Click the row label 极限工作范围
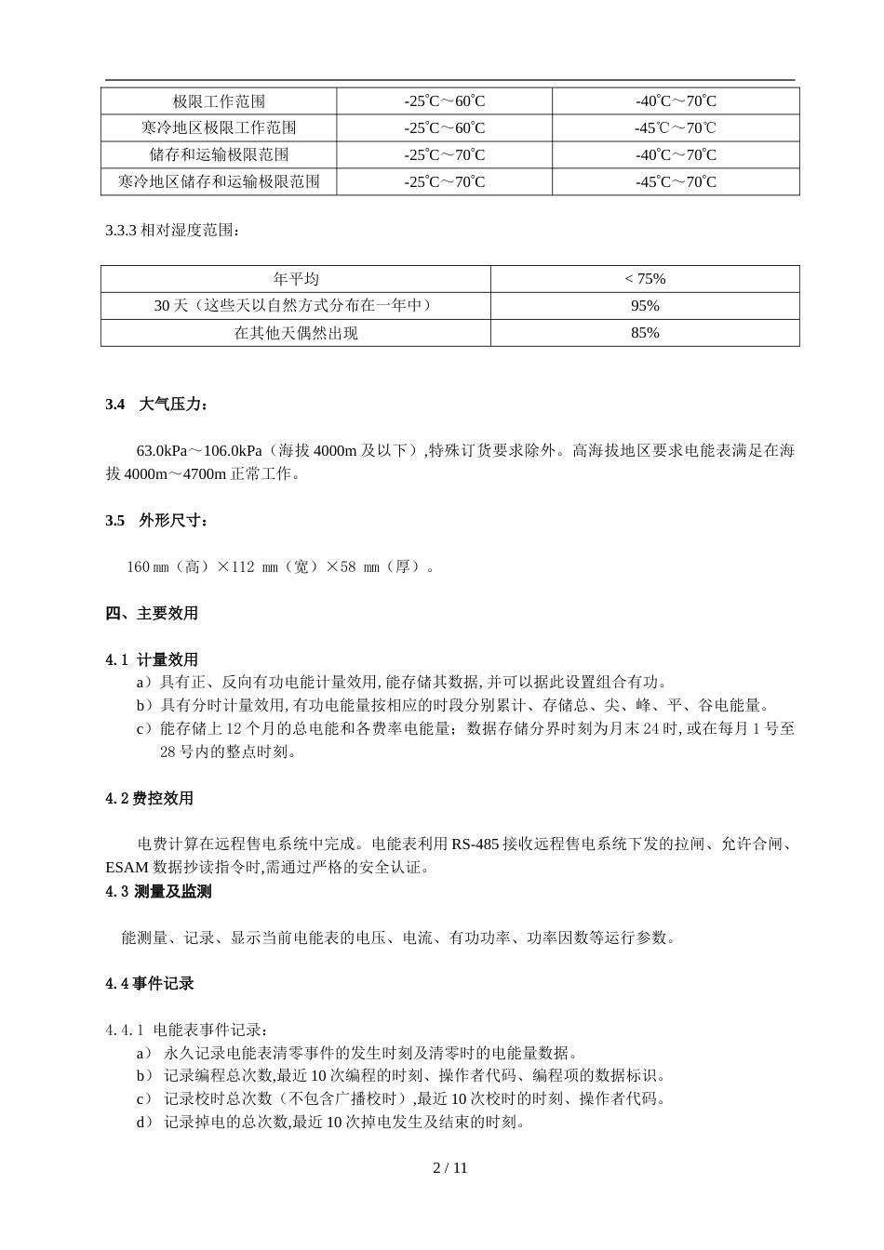(219, 101)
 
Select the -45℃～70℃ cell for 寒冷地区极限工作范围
(676, 128)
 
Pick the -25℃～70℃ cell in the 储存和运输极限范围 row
(444, 155)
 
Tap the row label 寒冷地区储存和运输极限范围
(219, 182)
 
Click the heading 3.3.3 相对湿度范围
(172, 230)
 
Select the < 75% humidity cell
(645, 279)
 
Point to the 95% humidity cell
(645, 306)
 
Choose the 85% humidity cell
(645, 333)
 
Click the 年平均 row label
(296, 279)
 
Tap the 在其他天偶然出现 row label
(296, 333)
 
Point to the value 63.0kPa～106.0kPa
(192, 451)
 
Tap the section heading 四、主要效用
(152, 613)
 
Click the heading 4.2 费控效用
(149, 799)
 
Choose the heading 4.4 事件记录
(149, 984)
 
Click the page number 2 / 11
(450, 1168)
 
